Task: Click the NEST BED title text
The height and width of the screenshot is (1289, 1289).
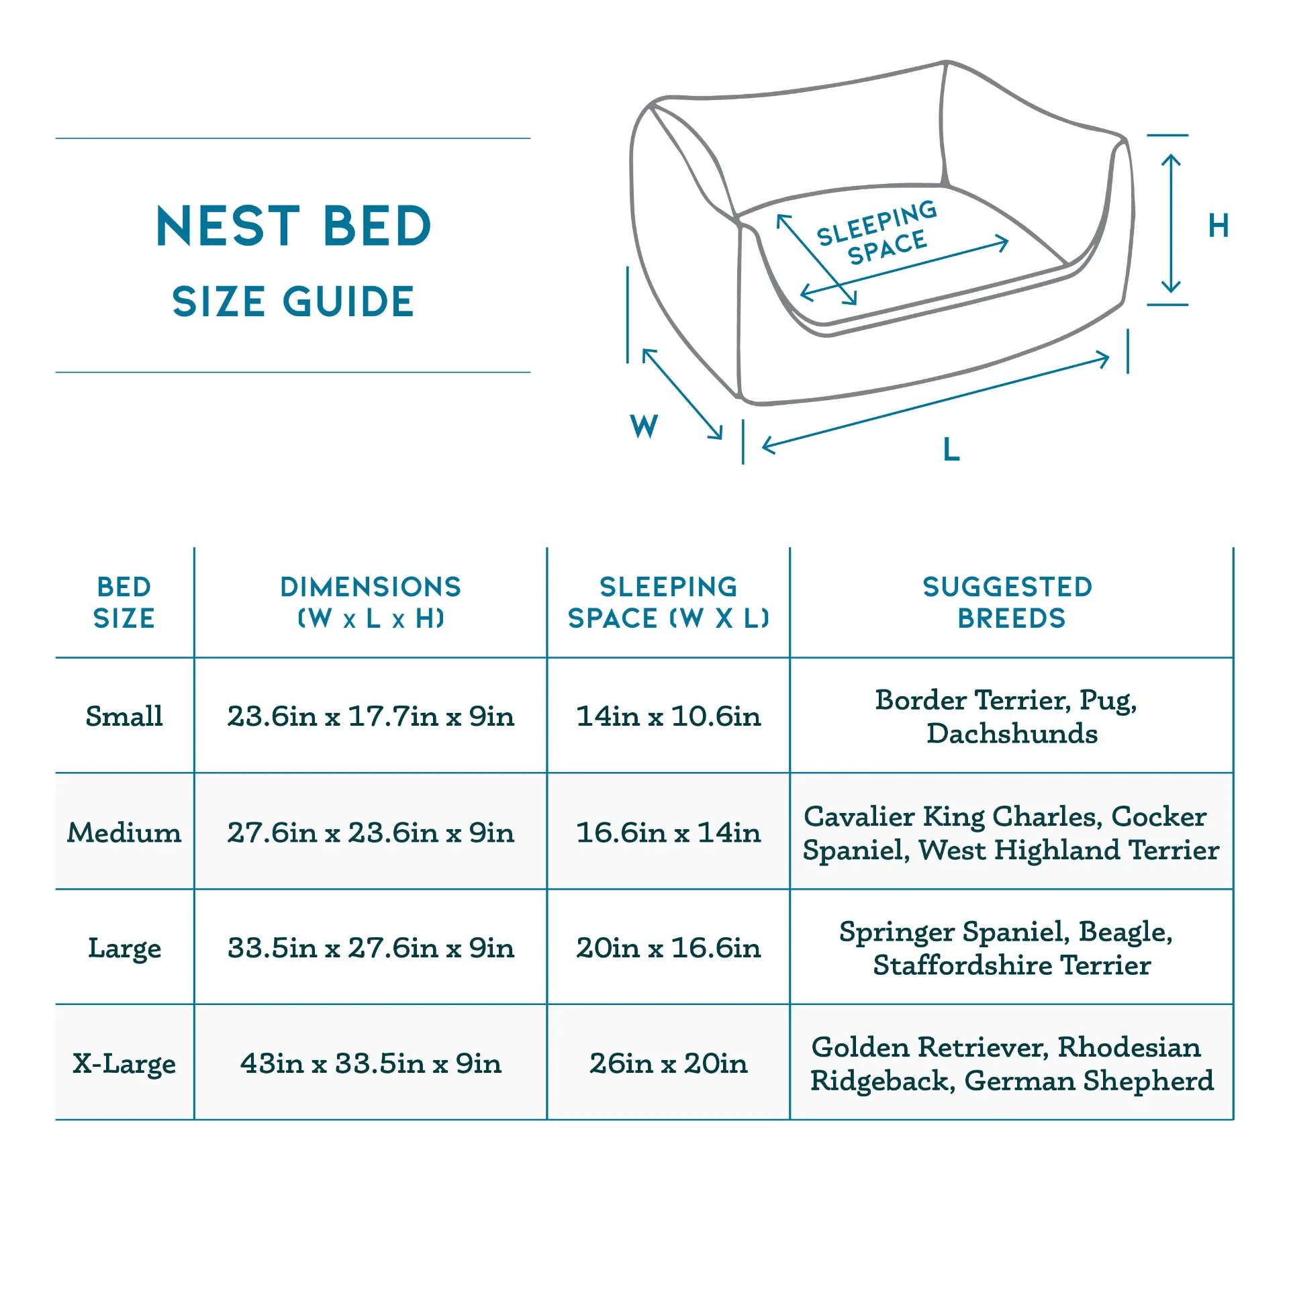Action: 293,226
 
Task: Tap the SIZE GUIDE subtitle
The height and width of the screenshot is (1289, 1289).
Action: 293,301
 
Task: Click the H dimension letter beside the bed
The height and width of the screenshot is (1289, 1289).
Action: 1219,226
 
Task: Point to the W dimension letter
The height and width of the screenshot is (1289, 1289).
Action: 644,426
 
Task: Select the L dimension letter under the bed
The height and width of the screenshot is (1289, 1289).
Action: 951,448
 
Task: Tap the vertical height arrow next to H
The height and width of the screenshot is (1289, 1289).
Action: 1171,224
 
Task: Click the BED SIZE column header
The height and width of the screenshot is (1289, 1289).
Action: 124,602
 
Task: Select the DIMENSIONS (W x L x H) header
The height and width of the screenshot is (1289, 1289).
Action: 371,602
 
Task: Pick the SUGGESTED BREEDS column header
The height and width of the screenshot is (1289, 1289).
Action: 1010,602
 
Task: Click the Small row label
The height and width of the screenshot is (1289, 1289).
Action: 124,716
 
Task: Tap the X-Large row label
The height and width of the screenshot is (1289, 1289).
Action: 124,1064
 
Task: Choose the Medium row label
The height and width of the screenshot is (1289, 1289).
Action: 124,832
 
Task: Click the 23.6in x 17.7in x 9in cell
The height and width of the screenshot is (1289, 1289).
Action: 371,716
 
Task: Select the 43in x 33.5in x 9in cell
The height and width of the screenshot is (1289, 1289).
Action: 371,1063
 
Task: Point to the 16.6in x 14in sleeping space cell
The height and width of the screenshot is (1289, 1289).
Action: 669,832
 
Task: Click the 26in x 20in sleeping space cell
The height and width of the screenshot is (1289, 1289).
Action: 669,1063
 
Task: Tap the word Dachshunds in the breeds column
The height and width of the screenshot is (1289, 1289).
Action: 1012,734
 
